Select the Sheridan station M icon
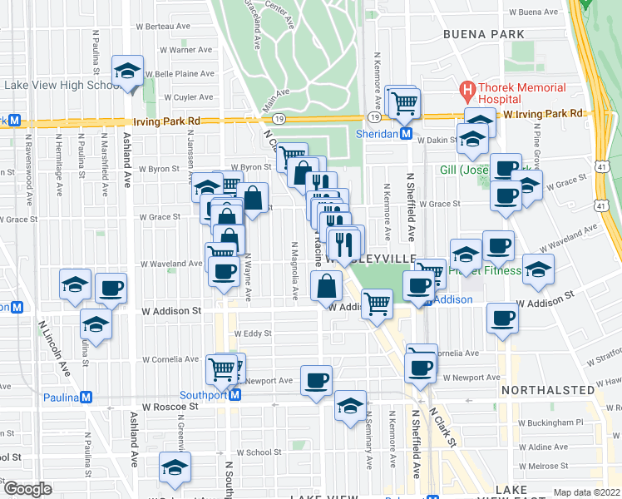point(406,133)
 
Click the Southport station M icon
point(235,395)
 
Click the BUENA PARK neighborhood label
point(483,34)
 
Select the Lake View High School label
point(62,85)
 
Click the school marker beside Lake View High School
point(127,72)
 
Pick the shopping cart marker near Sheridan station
point(404,103)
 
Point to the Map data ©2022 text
point(586,492)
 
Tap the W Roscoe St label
point(170,408)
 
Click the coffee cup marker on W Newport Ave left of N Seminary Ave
point(316,381)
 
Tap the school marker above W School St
point(175,468)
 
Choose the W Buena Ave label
point(534,12)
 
